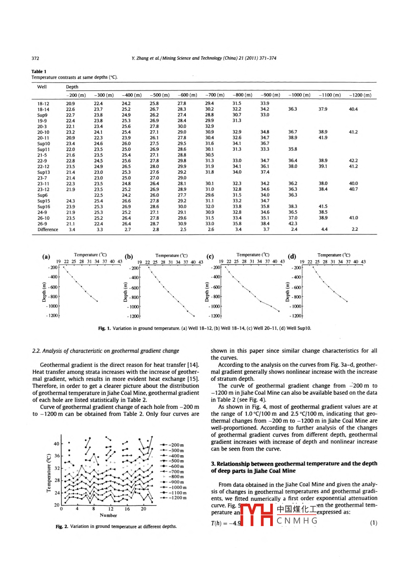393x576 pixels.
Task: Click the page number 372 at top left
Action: (35, 58)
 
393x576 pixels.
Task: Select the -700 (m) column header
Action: (215, 95)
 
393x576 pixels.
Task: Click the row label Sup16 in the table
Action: (43, 207)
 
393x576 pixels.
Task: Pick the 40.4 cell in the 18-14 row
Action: (353, 109)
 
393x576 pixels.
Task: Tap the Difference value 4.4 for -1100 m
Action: (324, 229)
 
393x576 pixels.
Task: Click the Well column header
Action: (42, 87)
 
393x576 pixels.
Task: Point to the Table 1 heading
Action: (39, 71)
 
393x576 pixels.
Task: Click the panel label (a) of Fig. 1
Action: (46, 256)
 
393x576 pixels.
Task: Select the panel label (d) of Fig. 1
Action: (292, 256)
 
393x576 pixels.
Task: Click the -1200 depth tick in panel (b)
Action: (134, 316)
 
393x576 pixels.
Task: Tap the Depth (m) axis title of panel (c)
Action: (207, 292)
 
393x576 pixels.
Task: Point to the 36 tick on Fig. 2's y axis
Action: (57, 456)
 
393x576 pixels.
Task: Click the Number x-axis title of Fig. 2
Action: (108, 515)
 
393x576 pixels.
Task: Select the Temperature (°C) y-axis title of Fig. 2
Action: (48, 473)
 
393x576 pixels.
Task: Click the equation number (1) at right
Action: (374, 523)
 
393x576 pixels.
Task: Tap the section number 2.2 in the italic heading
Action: (36, 351)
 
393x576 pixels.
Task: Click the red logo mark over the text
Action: (256, 515)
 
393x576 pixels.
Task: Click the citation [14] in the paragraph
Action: (193, 365)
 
